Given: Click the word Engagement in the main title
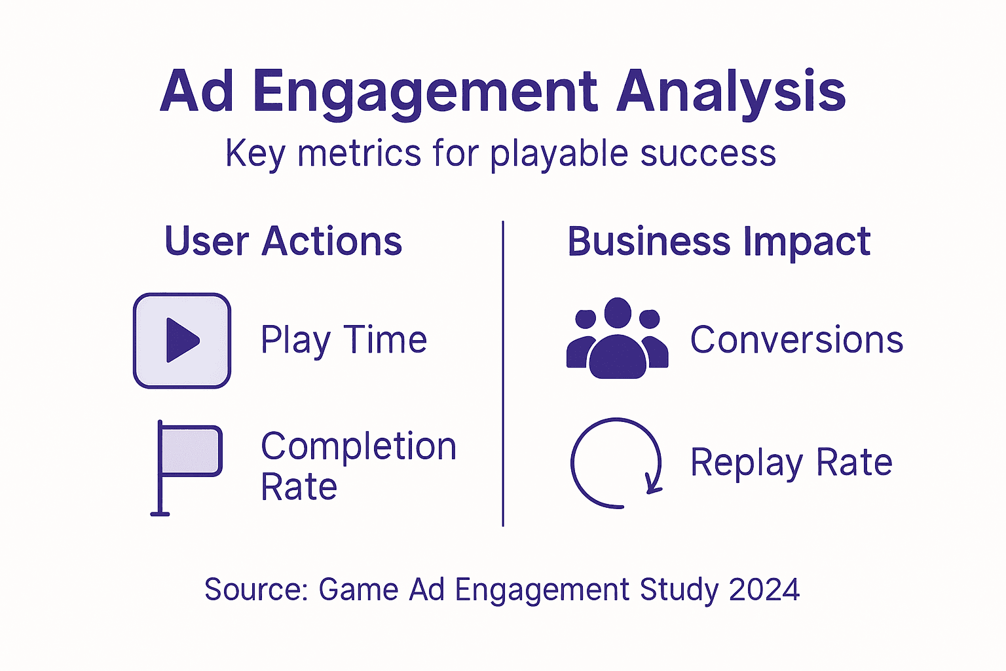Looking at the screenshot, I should (x=425, y=92).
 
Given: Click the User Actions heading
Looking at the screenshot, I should (x=283, y=241).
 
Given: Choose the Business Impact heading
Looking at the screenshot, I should (x=718, y=241).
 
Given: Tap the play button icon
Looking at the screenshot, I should (x=182, y=341).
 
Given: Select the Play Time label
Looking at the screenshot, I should (x=344, y=340).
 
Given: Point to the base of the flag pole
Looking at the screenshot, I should (x=160, y=513).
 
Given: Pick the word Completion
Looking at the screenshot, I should (x=358, y=446).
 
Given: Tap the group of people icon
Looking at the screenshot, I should (x=617, y=339).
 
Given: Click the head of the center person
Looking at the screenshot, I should (x=618, y=312).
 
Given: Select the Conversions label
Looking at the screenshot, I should (x=796, y=340).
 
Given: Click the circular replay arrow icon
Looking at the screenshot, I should (x=616, y=463).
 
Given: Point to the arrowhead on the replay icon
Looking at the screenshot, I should (x=653, y=486).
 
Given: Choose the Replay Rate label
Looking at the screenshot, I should (x=791, y=463).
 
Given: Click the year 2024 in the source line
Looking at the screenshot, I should (x=764, y=589).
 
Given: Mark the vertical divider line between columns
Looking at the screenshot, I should (x=503, y=374).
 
